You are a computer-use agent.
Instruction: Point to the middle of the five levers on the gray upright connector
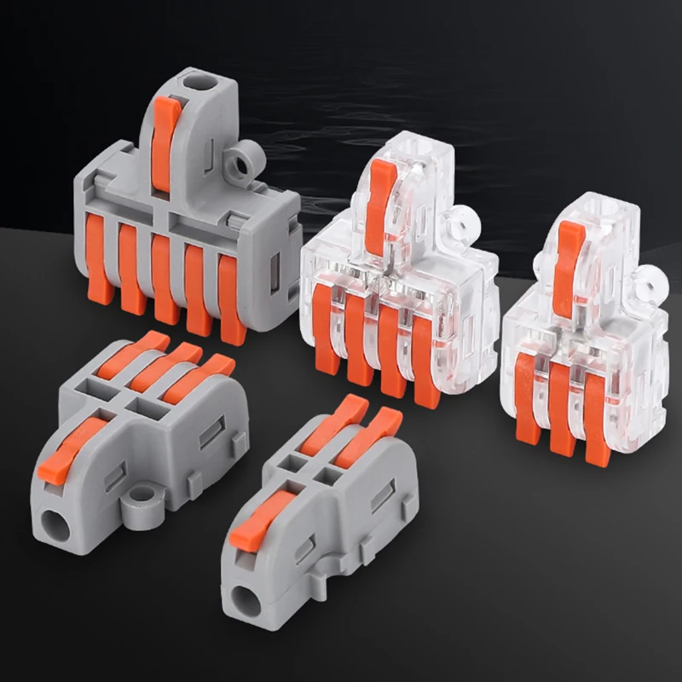coord(165,277)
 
